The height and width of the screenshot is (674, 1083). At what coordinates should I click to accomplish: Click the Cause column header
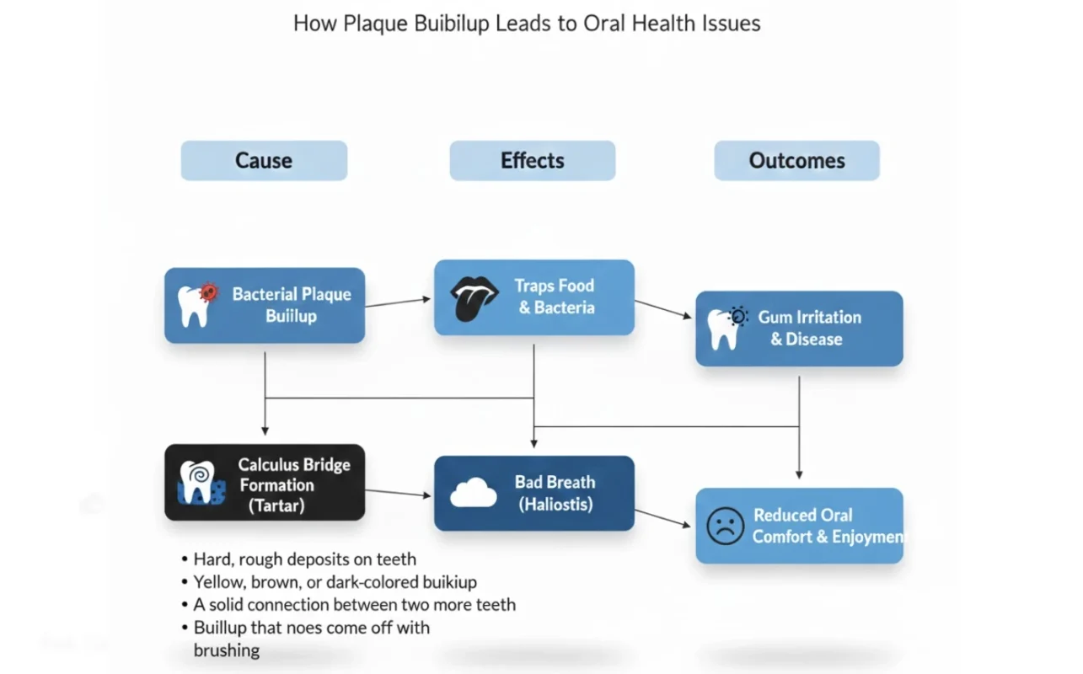[264, 161]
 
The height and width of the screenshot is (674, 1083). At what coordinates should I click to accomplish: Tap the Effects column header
[532, 161]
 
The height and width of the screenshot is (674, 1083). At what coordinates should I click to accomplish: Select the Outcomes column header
[796, 161]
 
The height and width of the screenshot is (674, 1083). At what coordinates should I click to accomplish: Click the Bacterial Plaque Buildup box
[265, 305]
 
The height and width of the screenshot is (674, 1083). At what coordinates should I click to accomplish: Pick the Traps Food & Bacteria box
[534, 297]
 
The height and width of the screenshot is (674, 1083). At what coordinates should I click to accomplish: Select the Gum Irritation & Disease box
[799, 329]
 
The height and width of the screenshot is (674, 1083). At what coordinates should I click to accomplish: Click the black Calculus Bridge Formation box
[265, 483]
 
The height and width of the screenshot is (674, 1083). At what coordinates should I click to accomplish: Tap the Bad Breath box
[534, 493]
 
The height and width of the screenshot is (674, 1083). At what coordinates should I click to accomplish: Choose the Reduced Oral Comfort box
[799, 526]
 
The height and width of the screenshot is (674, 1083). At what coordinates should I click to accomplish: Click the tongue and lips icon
[474, 298]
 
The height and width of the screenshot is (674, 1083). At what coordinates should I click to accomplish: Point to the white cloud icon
[473, 493]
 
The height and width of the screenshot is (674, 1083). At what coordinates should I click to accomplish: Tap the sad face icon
[725, 526]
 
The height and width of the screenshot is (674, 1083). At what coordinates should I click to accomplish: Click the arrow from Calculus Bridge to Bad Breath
[398, 493]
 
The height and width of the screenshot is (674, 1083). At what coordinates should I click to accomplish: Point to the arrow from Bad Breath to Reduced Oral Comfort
[663, 518]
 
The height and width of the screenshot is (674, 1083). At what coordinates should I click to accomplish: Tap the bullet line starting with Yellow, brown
[335, 582]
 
